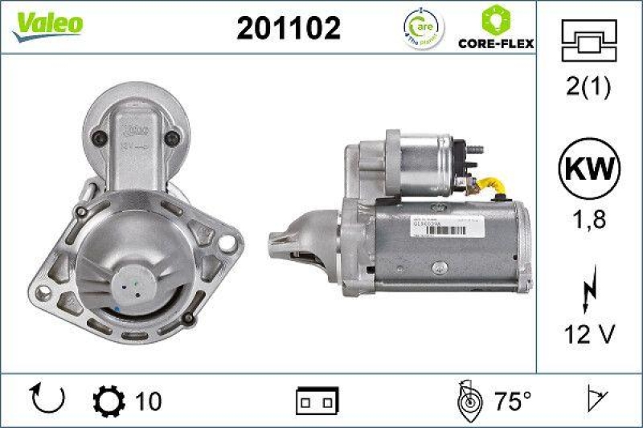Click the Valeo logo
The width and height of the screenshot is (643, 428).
pyautogui.click(x=46, y=25)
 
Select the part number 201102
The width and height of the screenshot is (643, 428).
pyautogui.click(x=288, y=28)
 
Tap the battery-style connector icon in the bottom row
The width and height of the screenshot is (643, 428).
pyautogui.click(x=317, y=400)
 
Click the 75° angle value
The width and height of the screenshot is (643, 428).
pyautogui.click(x=512, y=400)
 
